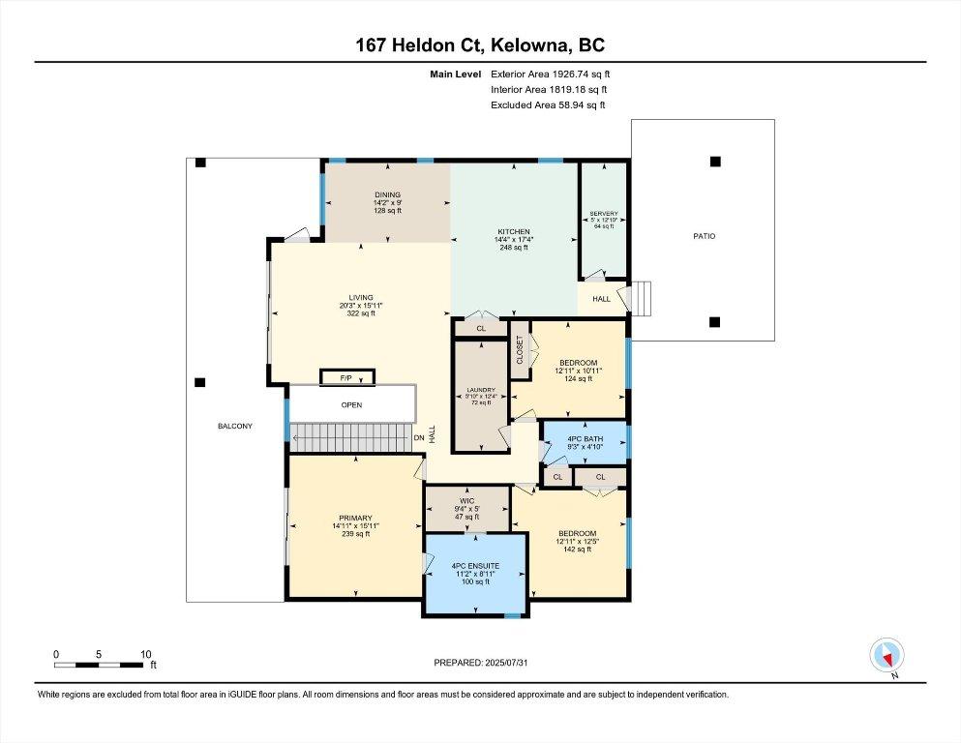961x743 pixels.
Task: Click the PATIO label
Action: pyautogui.click(x=704, y=236)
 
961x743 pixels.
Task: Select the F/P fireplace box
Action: pyautogui.click(x=345, y=376)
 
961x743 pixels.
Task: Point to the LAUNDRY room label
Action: pyautogui.click(x=481, y=392)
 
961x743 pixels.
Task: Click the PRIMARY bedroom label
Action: pyautogui.click(x=355, y=518)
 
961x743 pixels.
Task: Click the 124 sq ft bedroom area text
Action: pyautogui.click(x=578, y=378)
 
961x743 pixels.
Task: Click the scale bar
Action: pyautogui.click(x=102, y=665)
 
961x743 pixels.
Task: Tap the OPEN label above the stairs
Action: pyautogui.click(x=350, y=405)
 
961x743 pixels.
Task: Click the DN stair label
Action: pyautogui.click(x=419, y=436)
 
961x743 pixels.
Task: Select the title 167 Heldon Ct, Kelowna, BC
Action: pyautogui.click(x=480, y=45)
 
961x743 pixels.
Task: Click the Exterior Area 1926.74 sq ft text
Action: pyautogui.click(x=551, y=74)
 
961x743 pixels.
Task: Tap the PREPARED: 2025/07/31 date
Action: pyautogui.click(x=480, y=663)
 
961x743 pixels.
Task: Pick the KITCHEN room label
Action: pyautogui.click(x=513, y=232)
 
